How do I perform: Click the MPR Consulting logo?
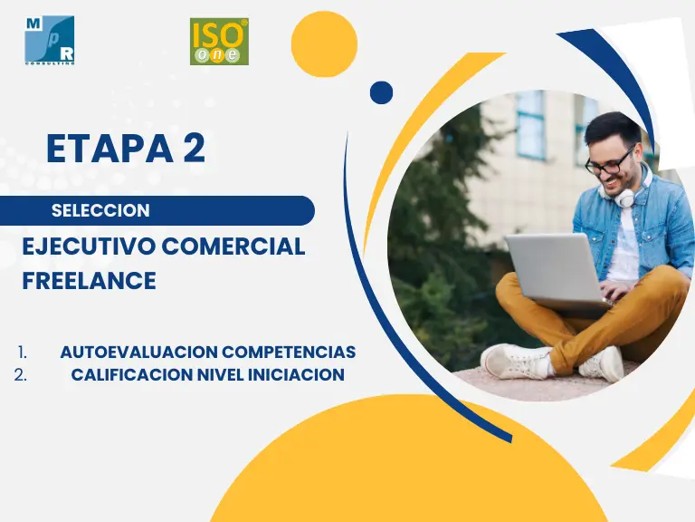tap(49, 41)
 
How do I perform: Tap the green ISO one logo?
tap(219, 42)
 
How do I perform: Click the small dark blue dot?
tap(381, 92)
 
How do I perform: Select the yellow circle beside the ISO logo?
tap(324, 43)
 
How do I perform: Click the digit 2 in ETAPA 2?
tap(195, 149)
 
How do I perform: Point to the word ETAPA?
tap(109, 149)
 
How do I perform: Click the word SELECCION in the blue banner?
tap(100, 210)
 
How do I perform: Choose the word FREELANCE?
tap(89, 281)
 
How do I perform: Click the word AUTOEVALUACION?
tap(138, 352)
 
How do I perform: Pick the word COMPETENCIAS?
tap(289, 352)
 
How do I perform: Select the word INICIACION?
tap(296, 374)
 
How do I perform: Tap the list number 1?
tap(23, 353)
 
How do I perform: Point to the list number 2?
tap(21, 375)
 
